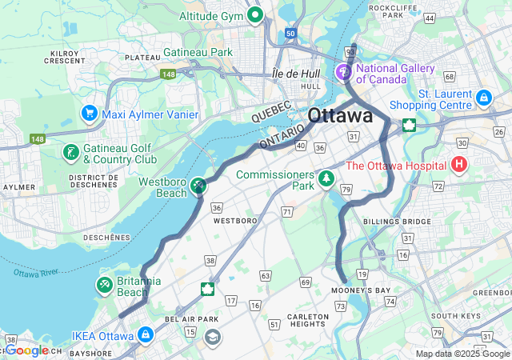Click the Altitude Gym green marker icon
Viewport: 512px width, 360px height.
[x=255, y=14]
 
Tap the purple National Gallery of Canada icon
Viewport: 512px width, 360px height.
[x=345, y=73]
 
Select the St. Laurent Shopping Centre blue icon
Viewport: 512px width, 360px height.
[x=482, y=98]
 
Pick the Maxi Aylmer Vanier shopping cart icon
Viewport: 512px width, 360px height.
[x=89, y=114]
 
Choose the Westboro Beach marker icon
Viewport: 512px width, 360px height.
[x=198, y=186]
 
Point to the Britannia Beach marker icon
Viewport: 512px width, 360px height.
[x=104, y=285]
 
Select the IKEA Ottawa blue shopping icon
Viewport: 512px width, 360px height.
[x=145, y=334]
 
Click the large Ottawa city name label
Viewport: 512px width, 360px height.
[x=340, y=115]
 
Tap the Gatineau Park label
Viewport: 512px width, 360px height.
[x=198, y=52]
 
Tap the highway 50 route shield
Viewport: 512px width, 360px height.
[x=290, y=34]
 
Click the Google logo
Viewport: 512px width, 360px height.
[x=27, y=350]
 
